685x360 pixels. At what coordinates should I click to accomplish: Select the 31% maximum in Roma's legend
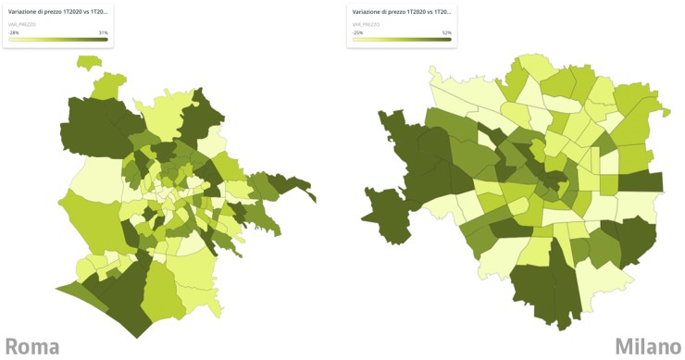(103, 31)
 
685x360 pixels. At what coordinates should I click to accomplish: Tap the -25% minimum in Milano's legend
(356, 31)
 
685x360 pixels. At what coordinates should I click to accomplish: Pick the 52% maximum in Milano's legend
(446, 31)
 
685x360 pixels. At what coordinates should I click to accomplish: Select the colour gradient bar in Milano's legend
(401, 39)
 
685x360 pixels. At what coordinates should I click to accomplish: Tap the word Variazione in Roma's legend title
(22, 12)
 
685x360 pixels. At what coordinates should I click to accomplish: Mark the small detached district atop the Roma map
(88, 63)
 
